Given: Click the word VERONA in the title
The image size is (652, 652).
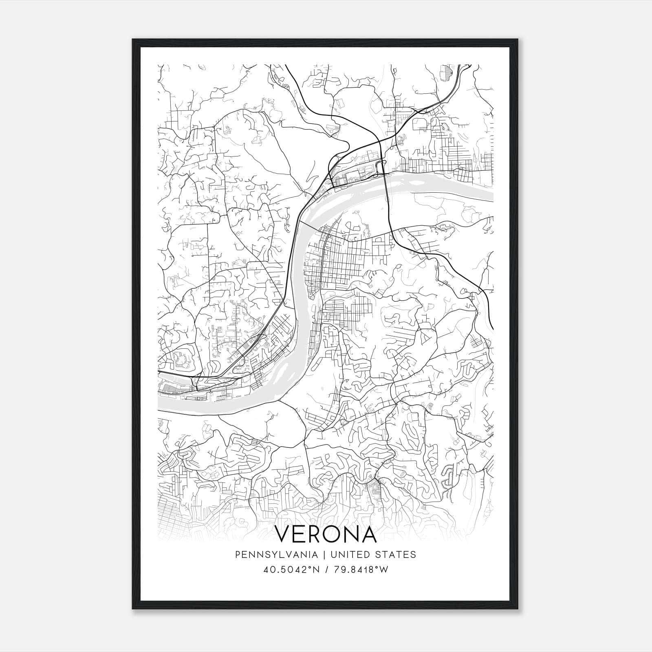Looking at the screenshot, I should coord(326,534).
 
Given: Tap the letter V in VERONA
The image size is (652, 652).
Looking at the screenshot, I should coord(284,534).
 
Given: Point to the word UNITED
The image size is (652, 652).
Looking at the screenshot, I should coord(352,555).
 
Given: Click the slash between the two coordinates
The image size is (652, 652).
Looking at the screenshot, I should coord(326,569).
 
